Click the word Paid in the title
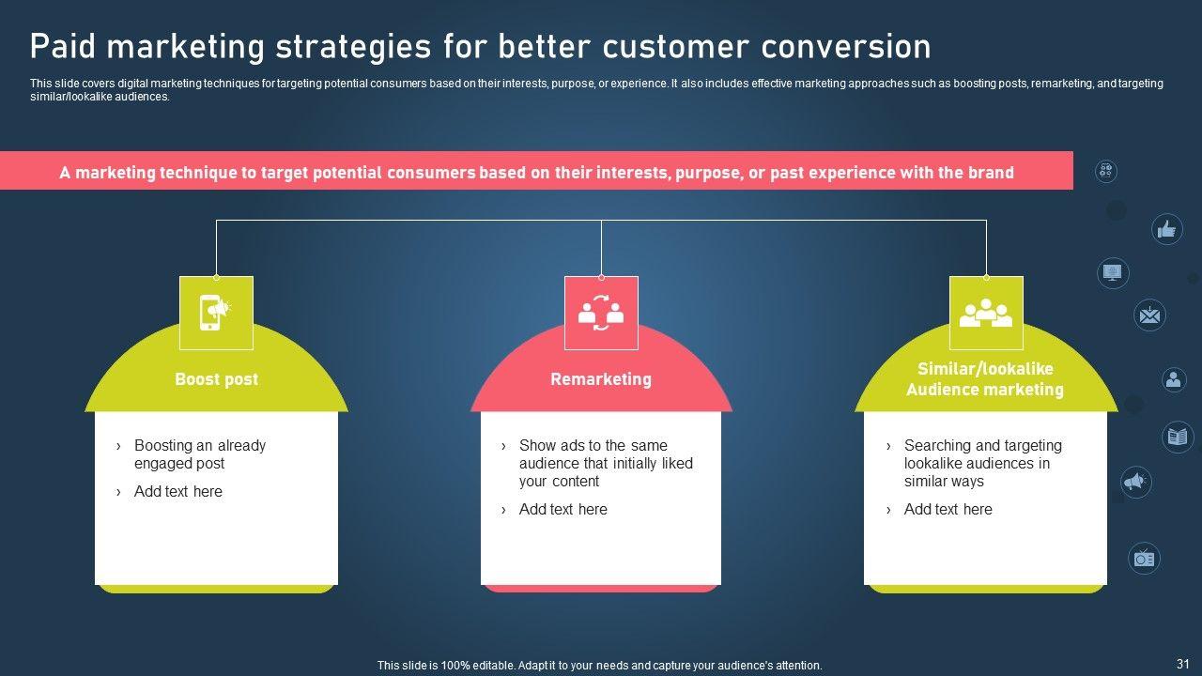pyautogui.click(x=63, y=46)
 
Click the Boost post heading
pyautogui.click(x=216, y=379)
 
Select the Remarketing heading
pyautogui.click(x=601, y=379)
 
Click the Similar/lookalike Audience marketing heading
pyautogui.click(x=985, y=378)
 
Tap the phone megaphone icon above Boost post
pyautogui.click(x=216, y=313)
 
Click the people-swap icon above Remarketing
pyautogui.click(x=601, y=313)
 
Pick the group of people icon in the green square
pyautogui.click(x=986, y=313)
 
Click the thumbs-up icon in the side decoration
pyautogui.click(x=1166, y=229)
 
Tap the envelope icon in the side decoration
pyautogui.click(x=1149, y=315)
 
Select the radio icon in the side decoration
pyautogui.click(x=1144, y=559)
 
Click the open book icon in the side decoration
pyautogui.click(x=1178, y=437)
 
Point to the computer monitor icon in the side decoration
pyautogui.click(x=1113, y=272)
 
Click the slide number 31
pyautogui.click(x=1182, y=664)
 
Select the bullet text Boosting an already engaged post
pyautogui.click(x=200, y=453)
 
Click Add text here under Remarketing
pyautogui.click(x=562, y=509)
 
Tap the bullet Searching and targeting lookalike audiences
pyautogui.click(x=982, y=463)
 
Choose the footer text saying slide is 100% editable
pyautogui.click(x=599, y=666)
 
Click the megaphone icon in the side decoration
pyautogui.click(x=1135, y=482)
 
